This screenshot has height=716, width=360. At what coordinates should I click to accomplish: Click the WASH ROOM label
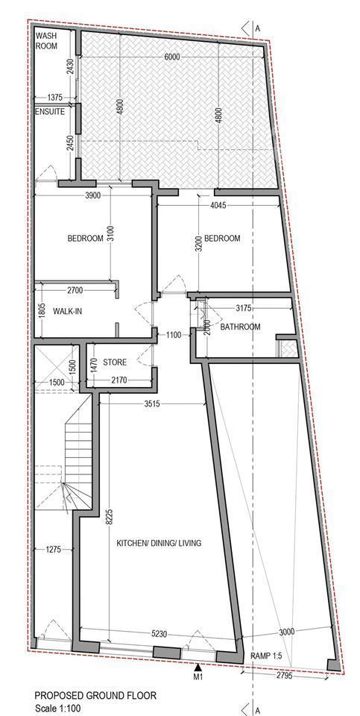(x=46, y=40)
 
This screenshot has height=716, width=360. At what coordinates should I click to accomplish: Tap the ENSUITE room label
(x=50, y=111)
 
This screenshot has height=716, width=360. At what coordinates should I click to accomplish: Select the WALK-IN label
(x=68, y=312)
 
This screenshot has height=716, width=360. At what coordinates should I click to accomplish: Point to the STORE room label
(x=115, y=362)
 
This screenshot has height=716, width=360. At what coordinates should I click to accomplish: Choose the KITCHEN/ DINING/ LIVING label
(x=159, y=544)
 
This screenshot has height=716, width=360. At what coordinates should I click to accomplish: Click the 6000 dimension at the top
(x=172, y=57)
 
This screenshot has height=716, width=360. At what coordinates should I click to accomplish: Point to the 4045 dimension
(x=218, y=206)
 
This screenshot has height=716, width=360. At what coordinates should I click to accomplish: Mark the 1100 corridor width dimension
(x=174, y=335)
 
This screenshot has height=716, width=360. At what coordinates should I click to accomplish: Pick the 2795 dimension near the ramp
(x=285, y=674)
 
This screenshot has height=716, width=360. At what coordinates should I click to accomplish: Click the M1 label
(x=198, y=677)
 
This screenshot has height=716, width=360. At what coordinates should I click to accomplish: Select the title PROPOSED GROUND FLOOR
(x=95, y=695)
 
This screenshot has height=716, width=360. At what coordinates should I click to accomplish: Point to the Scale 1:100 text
(x=58, y=709)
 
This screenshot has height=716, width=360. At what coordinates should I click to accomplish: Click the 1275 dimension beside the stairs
(x=54, y=550)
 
